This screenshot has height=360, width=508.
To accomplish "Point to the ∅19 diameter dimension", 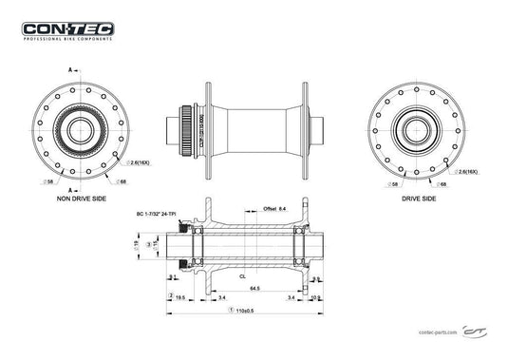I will click(x=136, y=246).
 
